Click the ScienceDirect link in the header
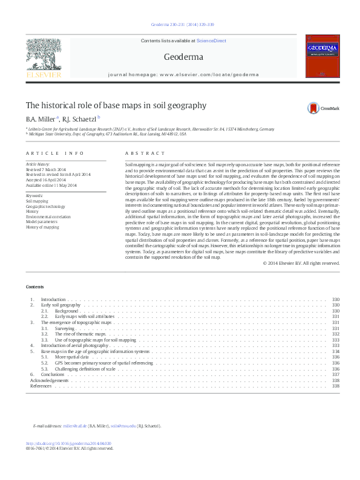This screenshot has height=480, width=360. coord(211,41)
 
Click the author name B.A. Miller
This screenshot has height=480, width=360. coord(40,118)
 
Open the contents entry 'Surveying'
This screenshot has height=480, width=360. coord(65,328)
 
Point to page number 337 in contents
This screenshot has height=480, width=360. coord(336,374)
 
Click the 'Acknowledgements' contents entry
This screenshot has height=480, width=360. coord(50,380)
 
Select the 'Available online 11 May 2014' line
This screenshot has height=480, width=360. coord(51,185)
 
